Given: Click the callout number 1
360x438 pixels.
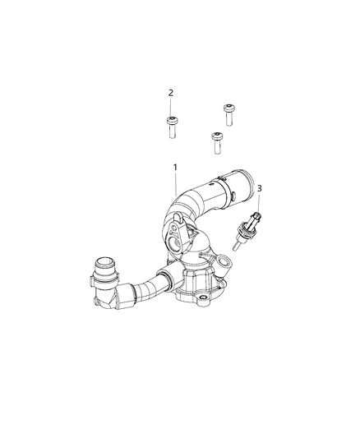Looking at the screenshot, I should tap(175, 167).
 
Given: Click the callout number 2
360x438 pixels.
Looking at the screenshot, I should tap(171, 93).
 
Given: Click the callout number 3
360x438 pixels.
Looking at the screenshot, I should tap(260, 189).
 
